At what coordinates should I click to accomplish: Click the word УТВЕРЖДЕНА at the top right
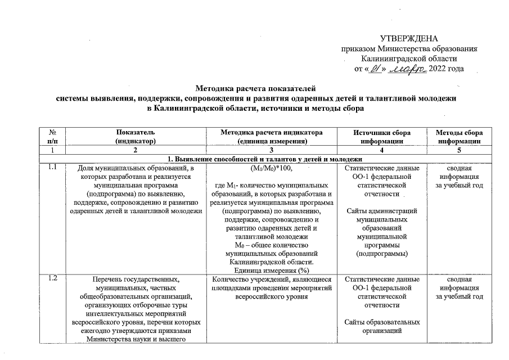[x=409, y=38]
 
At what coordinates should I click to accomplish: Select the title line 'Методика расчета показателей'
[x=256, y=88]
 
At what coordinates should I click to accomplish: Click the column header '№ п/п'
[x=52, y=137]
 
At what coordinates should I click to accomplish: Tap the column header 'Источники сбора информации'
[x=382, y=137]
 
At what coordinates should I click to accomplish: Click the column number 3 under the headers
[x=272, y=151]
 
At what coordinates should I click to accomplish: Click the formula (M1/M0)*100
[x=272, y=168]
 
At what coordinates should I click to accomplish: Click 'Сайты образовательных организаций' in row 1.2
[x=382, y=327]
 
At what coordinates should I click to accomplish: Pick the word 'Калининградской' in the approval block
[x=409, y=58]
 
